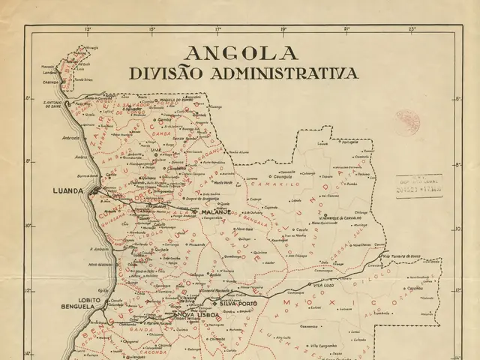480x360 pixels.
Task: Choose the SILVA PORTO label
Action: pos(239,303)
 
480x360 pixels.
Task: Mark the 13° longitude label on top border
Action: pos(88,31)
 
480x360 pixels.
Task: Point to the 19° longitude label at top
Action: pos(283,31)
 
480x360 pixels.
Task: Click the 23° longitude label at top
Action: pos(412,31)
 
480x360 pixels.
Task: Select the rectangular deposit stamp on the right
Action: pos(420,184)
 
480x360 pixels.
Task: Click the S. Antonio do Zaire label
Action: pos(54,105)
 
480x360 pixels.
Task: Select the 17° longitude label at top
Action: pos(218,31)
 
